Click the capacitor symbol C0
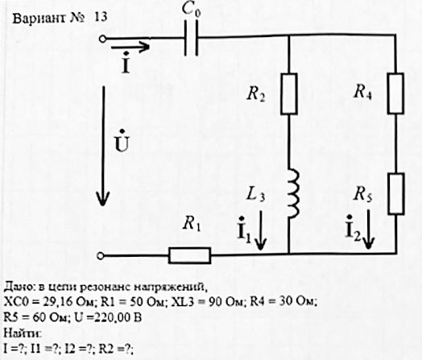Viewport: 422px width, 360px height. [192, 38]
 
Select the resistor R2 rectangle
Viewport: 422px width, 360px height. [289, 94]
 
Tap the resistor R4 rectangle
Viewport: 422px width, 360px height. [395, 93]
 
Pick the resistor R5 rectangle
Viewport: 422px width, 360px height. [396, 194]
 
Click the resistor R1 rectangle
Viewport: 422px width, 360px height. [190, 255]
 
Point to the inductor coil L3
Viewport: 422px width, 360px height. [293, 193]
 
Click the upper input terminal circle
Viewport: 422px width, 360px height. [102, 39]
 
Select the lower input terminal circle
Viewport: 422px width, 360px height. [101, 256]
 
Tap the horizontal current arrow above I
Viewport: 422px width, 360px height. [130, 47]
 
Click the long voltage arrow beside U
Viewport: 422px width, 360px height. [103, 146]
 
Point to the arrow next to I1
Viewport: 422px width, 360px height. [260, 230]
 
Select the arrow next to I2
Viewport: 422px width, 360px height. [368, 229]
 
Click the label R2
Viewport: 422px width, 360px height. [255, 94]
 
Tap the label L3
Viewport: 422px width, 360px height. [255, 194]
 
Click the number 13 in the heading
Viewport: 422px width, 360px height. [101, 17]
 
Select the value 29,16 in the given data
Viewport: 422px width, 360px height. [56, 302]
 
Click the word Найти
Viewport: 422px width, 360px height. [22, 333]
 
